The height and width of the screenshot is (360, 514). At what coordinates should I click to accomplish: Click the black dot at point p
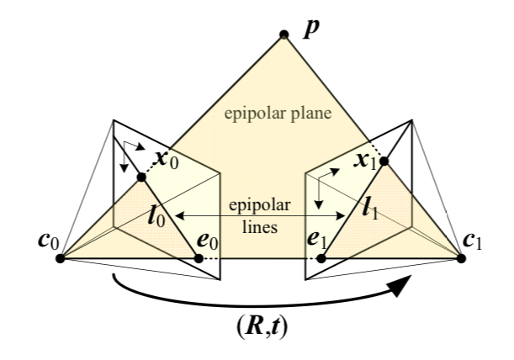[x=284, y=34]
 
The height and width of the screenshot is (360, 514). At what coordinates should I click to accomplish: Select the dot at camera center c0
[x=61, y=257]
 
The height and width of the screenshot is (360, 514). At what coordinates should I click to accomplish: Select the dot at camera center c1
[x=461, y=257]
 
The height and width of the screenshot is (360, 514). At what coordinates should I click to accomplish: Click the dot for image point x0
[x=141, y=177]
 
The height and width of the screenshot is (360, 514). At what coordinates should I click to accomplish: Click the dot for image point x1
[x=384, y=160]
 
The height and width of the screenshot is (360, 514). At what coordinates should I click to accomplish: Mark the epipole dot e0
[x=199, y=257]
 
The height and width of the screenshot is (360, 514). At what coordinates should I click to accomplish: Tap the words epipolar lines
[x=259, y=215]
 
